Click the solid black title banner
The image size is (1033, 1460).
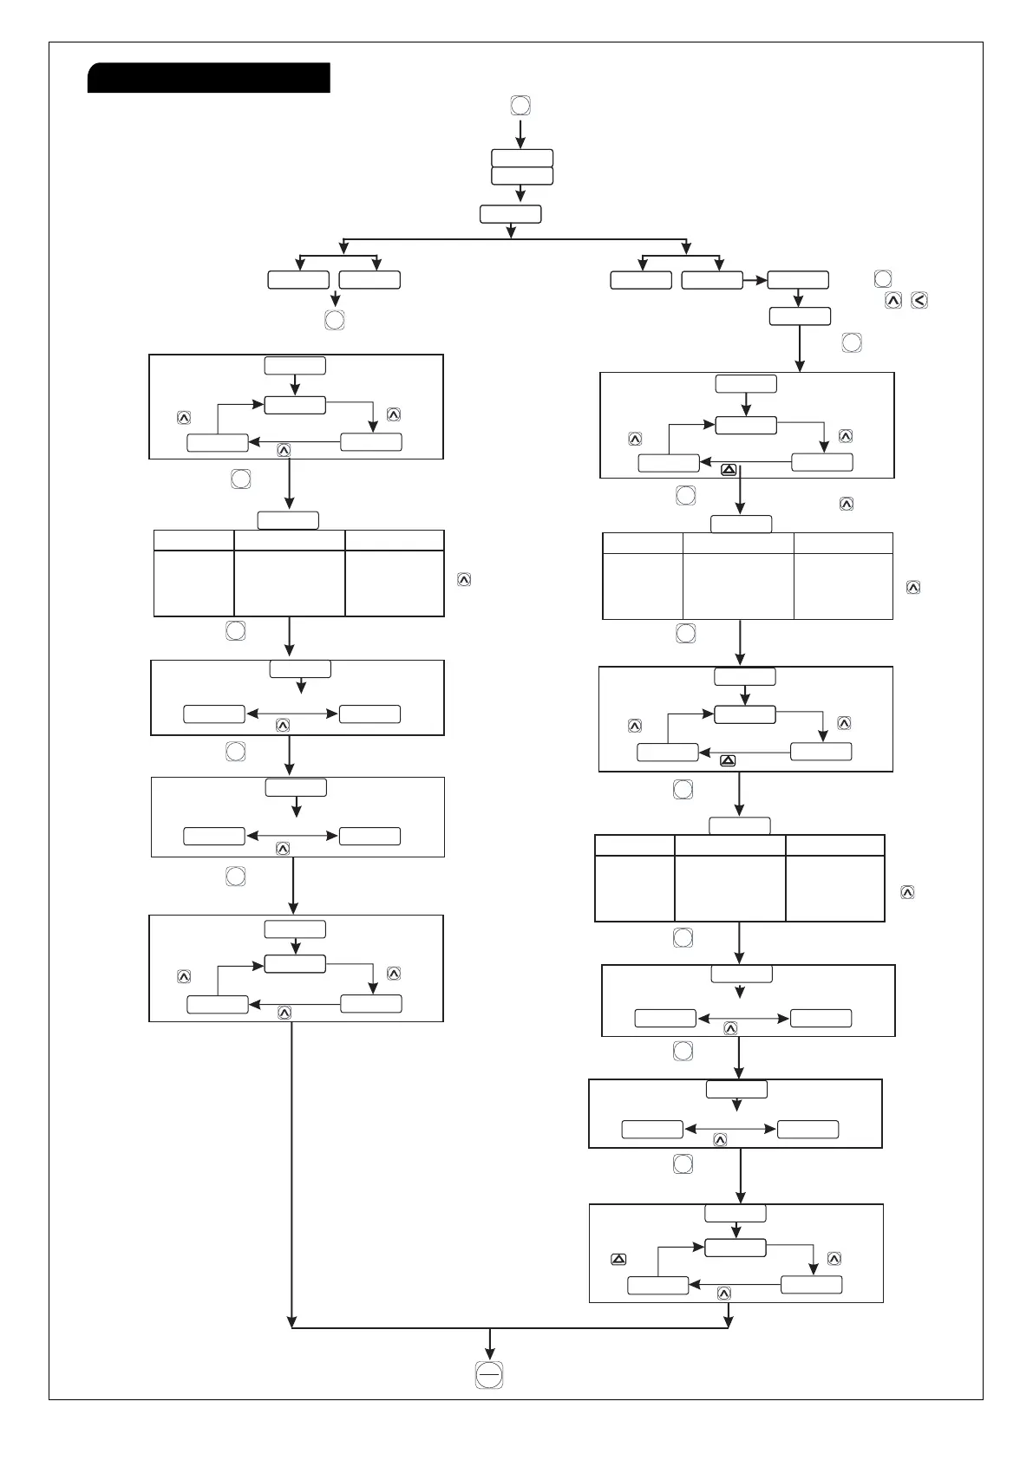[x=209, y=77]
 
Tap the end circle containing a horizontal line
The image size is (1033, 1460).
[x=489, y=1374]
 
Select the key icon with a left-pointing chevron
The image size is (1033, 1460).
[x=920, y=300]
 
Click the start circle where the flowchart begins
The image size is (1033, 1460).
[x=520, y=106]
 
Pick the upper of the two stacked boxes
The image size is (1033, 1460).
[x=521, y=158]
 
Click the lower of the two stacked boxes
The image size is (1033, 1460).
[x=521, y=176]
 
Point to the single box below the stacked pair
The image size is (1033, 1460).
[x=510, y=214]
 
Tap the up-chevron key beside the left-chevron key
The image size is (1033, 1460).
[x=892, y=300]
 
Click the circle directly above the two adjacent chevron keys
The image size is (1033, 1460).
[x=882, y=278]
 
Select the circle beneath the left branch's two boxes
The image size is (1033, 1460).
[x=334, y=320]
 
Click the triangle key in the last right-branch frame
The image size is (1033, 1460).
[x=618, y=1259]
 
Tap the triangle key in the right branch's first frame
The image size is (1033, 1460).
[x=729, y=470]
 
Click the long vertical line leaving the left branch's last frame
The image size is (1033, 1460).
[x=291, y=1170]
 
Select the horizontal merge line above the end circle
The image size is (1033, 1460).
[x=510, y=1327]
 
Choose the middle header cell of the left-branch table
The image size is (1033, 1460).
[x=289, y=540]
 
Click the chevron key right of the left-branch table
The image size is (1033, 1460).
[x=464, y=580]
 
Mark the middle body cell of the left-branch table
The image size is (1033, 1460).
[x=289, y=583]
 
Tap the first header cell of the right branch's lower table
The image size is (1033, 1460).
[x=634, y=845]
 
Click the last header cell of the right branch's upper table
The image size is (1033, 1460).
[x=843, y=544]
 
